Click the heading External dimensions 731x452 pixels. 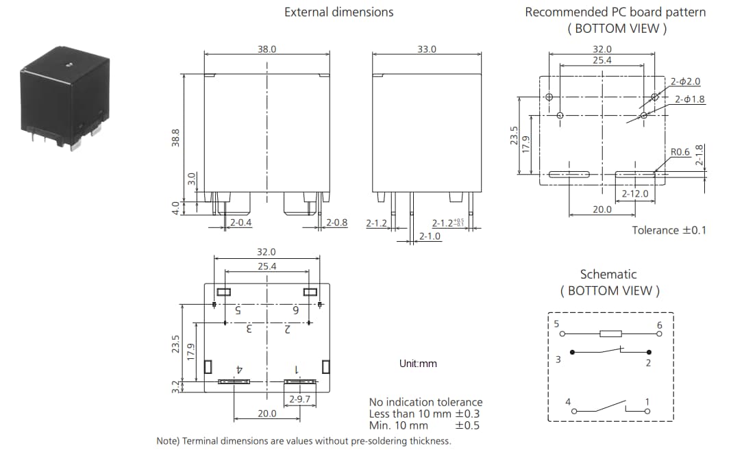(338, 12)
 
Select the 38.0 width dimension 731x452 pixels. (267, 49)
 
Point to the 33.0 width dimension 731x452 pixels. (426, 49)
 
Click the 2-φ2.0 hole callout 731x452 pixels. (685, 81)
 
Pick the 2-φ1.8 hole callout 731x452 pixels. (689, 99)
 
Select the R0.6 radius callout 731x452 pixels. (680, 152)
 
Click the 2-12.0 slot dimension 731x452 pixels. (634, 194)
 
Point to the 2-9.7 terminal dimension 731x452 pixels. (299, 399)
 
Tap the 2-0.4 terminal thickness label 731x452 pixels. (240, 223)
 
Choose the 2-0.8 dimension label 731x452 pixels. (336, 223)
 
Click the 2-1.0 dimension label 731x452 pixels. (430, 236)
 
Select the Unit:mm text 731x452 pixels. (417, 364)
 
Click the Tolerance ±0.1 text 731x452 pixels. (668, 230)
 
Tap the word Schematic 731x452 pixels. (608, 274)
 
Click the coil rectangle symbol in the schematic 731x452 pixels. (610, 334)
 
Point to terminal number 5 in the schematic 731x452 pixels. (557, 324)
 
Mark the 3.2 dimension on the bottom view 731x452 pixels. (175, 387)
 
